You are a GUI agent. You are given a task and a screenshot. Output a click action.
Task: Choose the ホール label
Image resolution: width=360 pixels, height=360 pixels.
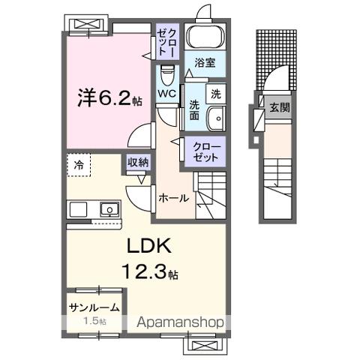point(174,199)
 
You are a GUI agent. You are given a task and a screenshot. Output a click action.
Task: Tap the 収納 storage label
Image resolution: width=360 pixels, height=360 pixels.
point(138,162)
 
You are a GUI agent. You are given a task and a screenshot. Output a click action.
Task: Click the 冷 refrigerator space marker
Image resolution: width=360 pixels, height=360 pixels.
point(79,164)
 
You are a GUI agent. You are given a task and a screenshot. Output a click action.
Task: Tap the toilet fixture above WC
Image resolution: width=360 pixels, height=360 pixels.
point(167,75)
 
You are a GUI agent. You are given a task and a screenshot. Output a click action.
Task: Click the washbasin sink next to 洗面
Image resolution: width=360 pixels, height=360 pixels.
point(215,116)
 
